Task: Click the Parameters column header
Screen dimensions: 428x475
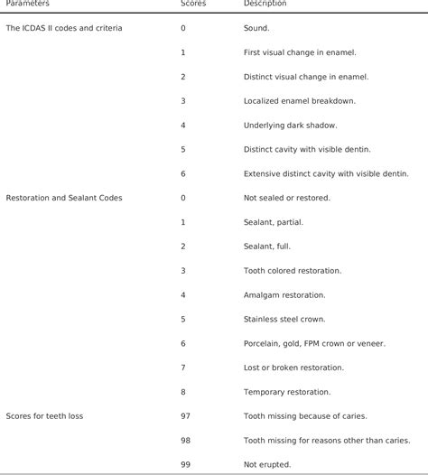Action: coord(28,5)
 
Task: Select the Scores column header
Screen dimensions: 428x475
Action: coord(193,5)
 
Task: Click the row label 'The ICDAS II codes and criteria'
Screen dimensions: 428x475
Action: coord(64,28)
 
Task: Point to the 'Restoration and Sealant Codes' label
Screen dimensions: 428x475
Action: coord(64,197)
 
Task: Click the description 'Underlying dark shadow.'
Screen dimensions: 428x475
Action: coord(289,125)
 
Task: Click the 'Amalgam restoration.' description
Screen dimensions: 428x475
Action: coord(284,294)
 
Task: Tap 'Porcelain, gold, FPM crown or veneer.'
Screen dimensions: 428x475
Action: coord(314,343)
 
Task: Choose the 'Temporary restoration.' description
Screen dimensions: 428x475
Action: coord(287,392)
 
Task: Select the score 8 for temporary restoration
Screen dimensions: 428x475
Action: coord(183,392)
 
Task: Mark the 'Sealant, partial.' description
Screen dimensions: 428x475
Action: coord(274,221)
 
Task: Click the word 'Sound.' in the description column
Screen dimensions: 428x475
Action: coord(256,28)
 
